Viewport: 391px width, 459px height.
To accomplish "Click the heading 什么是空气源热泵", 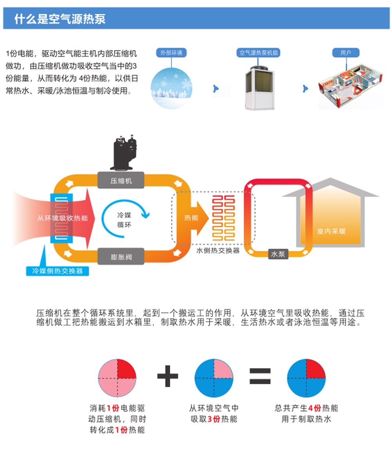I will point(59,19).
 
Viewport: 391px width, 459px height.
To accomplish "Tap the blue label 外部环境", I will point(171,53).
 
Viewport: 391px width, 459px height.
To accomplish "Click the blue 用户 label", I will point(346,53).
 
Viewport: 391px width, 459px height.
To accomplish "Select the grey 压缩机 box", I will point(121,181).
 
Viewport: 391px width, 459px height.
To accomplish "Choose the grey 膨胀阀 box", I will point(121,257).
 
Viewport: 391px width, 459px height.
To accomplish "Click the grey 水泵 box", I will point(278,254).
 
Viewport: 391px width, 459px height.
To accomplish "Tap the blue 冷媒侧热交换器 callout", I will point(57,271).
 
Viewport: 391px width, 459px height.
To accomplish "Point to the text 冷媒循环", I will point(125,220).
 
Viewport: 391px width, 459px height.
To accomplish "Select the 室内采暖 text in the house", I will point(331,231).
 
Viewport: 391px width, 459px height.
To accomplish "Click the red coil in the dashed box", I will point(223,218).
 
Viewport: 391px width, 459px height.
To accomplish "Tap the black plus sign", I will point(168,376).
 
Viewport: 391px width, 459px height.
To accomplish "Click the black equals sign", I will point(260,376).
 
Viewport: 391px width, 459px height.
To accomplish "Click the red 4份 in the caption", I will point(314,409).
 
